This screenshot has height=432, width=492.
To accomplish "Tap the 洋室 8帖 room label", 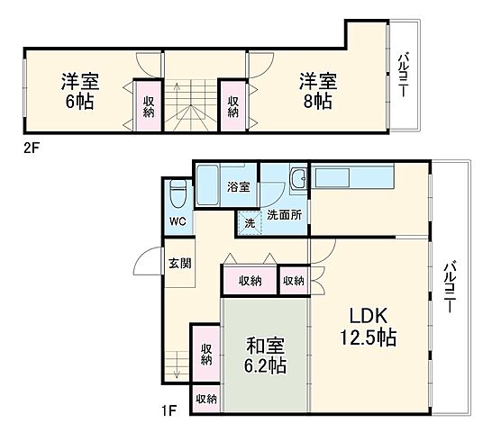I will pos(316,90).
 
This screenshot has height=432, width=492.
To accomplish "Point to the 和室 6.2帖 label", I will pos(266,354).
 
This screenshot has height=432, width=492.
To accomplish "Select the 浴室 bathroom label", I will pos(239,188).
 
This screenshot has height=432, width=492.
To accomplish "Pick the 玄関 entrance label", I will pos(178,264).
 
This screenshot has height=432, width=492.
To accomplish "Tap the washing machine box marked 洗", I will pos(248,222).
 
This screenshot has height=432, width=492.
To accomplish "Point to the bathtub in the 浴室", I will pos(209,185).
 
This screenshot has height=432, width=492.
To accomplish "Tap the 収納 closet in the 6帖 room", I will pos(148,105).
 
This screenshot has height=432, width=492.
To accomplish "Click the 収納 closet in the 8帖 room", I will pos(232,106).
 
